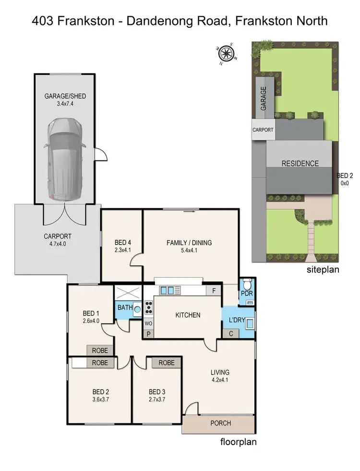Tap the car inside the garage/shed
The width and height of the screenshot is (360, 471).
point(65,159)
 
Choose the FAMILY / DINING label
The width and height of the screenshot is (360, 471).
point(189,243)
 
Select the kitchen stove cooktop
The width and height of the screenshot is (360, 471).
point(148,307)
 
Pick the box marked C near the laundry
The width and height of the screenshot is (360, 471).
point(231,334)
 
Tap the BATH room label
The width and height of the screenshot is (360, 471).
point(125,307)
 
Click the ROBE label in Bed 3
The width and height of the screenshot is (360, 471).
point(167,363)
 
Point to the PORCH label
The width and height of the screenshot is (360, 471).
point(221,423)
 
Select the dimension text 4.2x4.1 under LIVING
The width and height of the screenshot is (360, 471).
point(220,380)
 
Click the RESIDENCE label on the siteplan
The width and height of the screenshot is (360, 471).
point(300,164)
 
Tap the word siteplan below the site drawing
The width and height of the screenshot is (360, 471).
point(323,270)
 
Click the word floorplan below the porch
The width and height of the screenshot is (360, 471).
point(238,442)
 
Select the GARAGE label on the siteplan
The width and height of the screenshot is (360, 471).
point(263,98)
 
